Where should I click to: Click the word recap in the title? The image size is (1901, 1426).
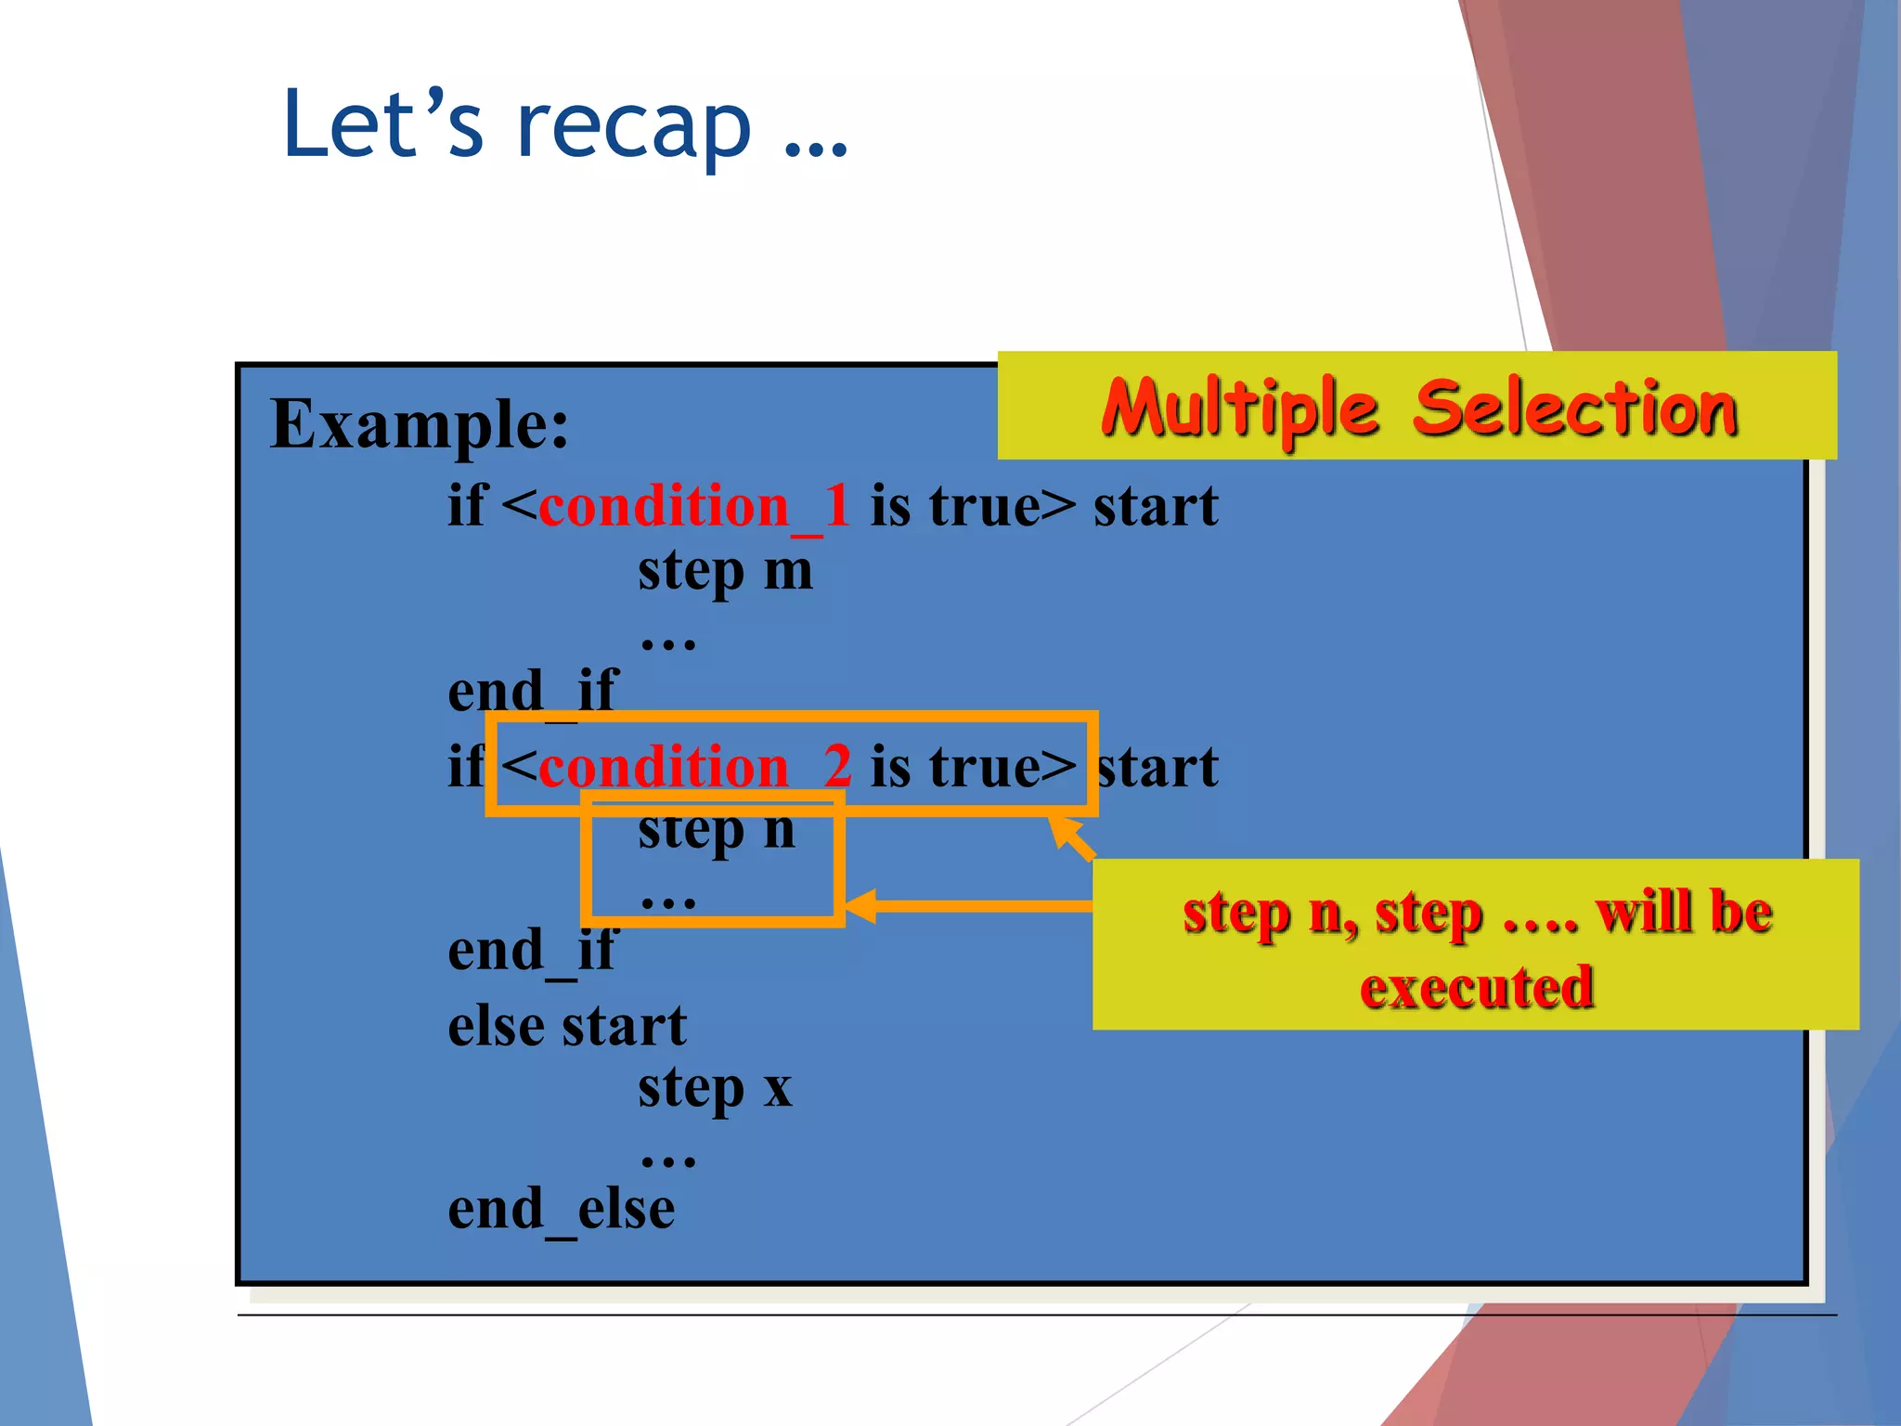633,126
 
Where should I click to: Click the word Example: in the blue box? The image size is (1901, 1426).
419,424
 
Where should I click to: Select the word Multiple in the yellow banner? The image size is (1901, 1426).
1240,408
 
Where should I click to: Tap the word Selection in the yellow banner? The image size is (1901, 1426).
1574,408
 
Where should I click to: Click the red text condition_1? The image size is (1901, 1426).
694,507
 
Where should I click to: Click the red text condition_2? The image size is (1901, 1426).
694,768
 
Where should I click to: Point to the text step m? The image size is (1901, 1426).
724,571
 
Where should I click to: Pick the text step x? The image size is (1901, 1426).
714,1088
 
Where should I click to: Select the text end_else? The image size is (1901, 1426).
561,1210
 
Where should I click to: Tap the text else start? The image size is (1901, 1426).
566,1027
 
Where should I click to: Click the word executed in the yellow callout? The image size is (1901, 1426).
1476,987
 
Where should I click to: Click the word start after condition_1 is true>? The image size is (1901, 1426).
1155,507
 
